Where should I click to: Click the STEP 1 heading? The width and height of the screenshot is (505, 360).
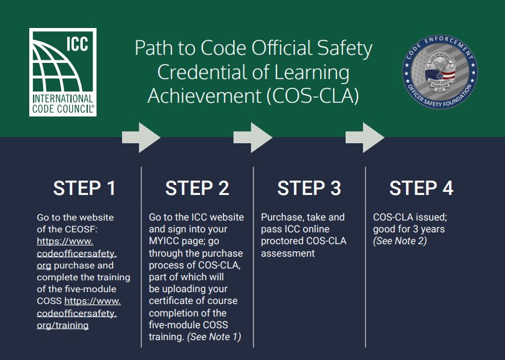point(84,188)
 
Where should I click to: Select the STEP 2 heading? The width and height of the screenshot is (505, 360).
point(197,188)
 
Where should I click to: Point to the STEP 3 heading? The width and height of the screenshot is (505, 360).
point(309,188)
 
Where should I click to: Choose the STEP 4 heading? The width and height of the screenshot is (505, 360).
point(422,188)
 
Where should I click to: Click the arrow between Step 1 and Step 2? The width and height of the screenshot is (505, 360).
point(141,137)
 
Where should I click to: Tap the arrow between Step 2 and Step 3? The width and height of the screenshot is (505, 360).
point(252,137)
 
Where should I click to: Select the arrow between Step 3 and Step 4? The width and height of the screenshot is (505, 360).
point(365,137)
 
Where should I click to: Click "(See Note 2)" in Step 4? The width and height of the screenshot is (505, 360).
point(400,241)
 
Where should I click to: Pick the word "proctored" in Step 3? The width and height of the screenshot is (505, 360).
point(281,241)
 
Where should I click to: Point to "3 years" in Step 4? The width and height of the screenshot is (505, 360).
point(427,229)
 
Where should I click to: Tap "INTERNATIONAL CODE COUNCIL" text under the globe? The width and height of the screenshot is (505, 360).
point(62,103)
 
